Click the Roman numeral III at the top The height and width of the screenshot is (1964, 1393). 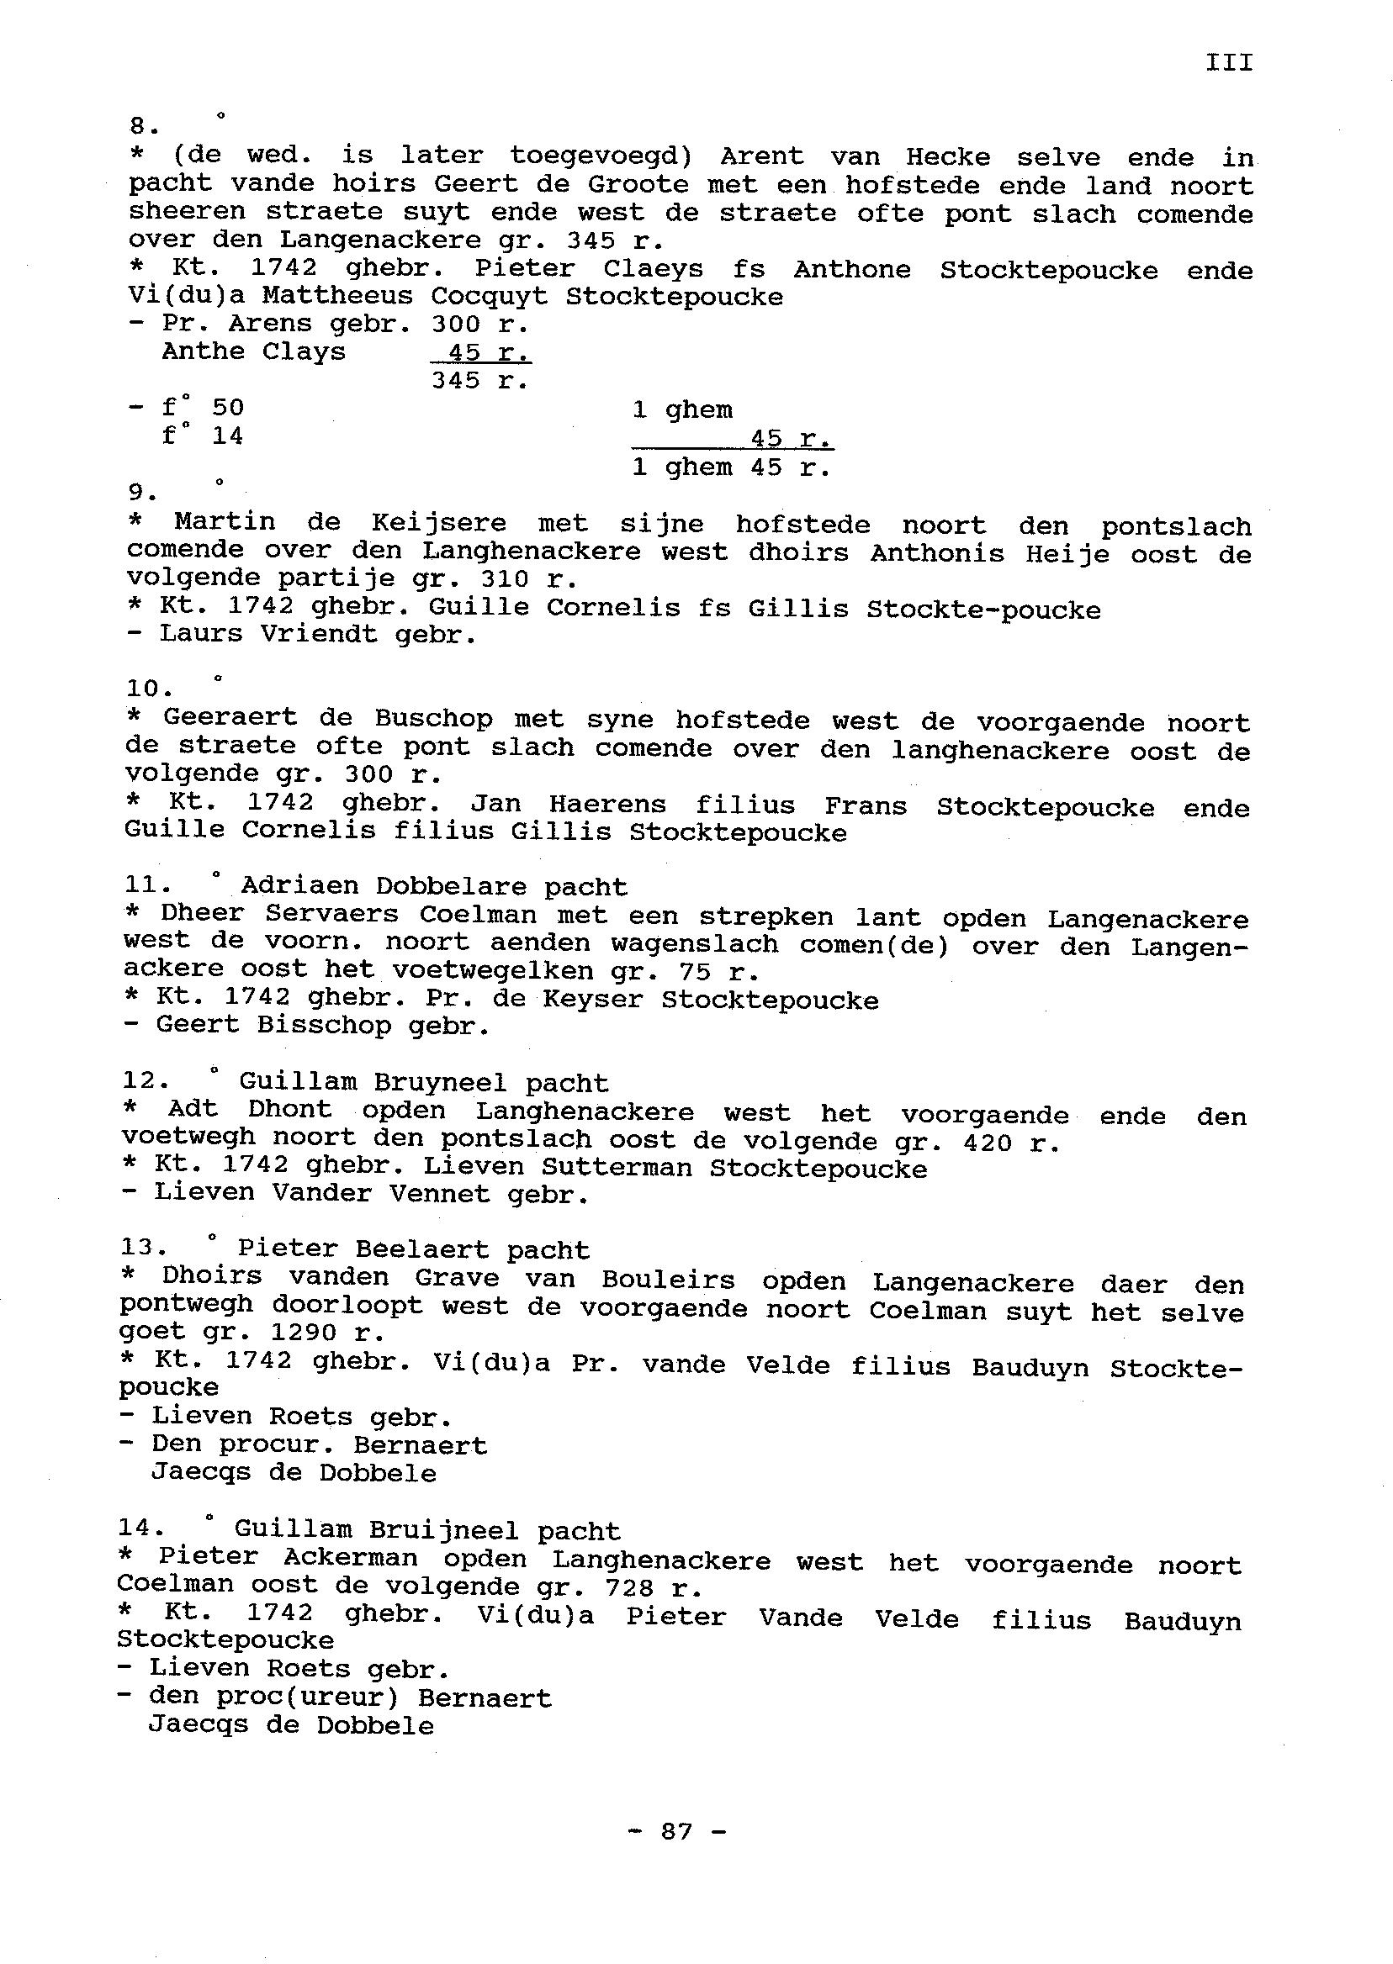click(x=1228, y=62)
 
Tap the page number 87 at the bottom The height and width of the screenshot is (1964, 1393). click(x=677, y=1831)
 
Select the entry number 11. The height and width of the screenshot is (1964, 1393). click(x=146, y=886)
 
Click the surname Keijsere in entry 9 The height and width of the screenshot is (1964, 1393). click(x=438, y=523)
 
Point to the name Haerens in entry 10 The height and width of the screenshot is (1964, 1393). click(x=606, y=805)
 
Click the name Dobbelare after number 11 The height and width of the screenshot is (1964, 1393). click(x=450, y=886)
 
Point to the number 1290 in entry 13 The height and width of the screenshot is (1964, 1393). click(x=305, y=1333)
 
